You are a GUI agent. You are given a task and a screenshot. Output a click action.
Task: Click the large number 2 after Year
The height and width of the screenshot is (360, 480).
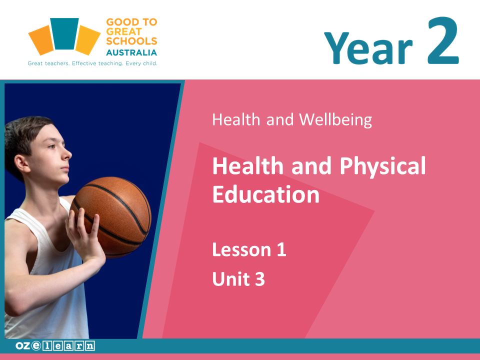pyautogui.click(x=443, y=40)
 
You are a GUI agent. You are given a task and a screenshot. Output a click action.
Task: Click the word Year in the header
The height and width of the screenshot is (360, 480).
pyautogui.click(x=368, y=48)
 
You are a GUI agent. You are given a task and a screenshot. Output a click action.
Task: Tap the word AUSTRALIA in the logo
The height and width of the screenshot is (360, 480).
pyautogui.click(x=131, y=52)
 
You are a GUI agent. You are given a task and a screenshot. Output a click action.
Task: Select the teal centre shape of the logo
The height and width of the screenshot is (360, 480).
pyautogui.click(x=64, y=33)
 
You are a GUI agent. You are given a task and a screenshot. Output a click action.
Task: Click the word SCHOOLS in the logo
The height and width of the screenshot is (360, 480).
pyautogui.click(x=131, y=41)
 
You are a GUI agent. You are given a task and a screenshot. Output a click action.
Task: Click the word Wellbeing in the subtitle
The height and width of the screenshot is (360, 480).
pyautogui.click(x=335, y=119)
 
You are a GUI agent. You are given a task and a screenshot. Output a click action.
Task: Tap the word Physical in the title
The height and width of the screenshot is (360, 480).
pyautogui.click(x=382, y=166)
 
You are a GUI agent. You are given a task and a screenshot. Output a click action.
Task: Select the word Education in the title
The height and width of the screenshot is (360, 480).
pyautogui.click(x=266, y=194)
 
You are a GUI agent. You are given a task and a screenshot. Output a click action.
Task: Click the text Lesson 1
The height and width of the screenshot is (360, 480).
pyautogui.click(x=249, y=249)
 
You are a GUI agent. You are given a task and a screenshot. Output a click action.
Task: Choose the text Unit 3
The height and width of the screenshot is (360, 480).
pyautogui.click(x=238, y=279)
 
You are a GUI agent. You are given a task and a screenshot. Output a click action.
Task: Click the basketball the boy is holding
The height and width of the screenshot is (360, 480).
pyautogui.click(x=111, y=216)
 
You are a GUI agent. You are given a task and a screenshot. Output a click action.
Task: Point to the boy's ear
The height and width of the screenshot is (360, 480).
pyautogui.click(x=22, y=164)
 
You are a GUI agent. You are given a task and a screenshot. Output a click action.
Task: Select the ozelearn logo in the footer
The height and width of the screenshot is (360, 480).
pyautogui.click(x=55, y=346)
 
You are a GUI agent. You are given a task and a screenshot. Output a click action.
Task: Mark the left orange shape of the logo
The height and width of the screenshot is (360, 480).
pyautogui.click(x=41, y=40)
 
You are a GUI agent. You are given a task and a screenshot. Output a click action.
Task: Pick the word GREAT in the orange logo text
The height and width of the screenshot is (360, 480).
pyautogui.click(x=124, y=31)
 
